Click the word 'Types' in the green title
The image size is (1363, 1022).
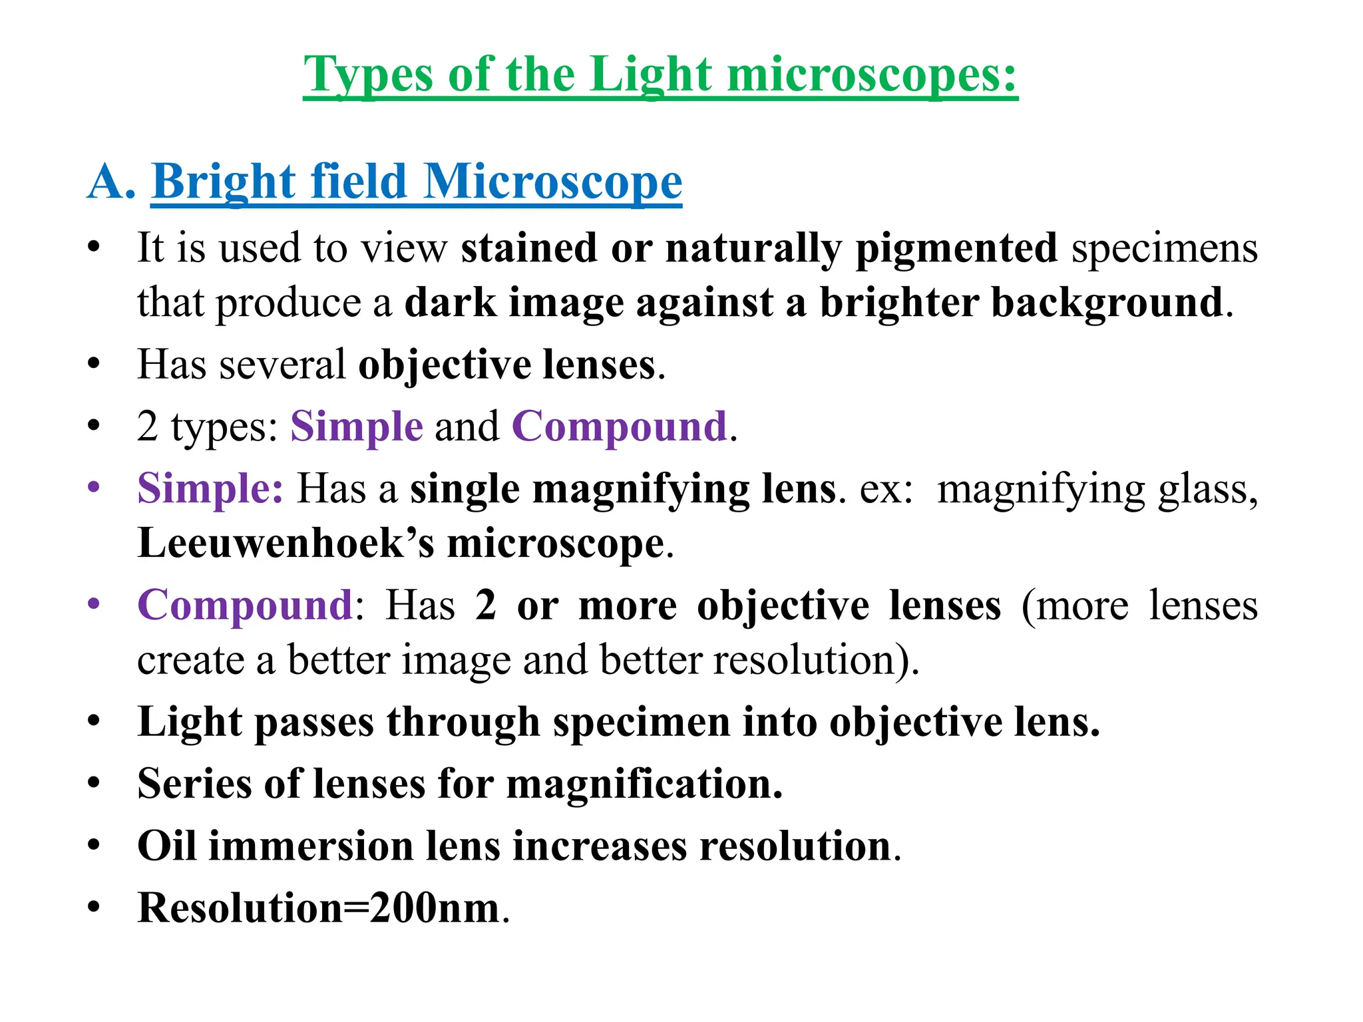tap(368, 75)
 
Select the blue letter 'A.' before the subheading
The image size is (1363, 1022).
tap(111, 182)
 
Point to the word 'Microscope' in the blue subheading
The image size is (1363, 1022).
tap(552, 182)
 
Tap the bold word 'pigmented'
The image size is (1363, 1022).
tap(956, 248)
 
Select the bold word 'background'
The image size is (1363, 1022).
tap(1107, 303)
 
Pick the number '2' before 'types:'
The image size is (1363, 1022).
tap(147, 426)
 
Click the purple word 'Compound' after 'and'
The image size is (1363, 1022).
tap(619, 426)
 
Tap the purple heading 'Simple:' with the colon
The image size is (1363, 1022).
tap(210, 488)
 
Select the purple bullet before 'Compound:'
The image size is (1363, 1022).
tap(94, 603)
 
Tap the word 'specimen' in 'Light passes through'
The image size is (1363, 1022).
tap(642, 723)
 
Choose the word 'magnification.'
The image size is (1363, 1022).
tap(644, 784)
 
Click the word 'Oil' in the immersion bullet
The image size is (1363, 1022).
tap(166, 846)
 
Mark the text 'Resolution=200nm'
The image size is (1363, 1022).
tap(318, 908)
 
